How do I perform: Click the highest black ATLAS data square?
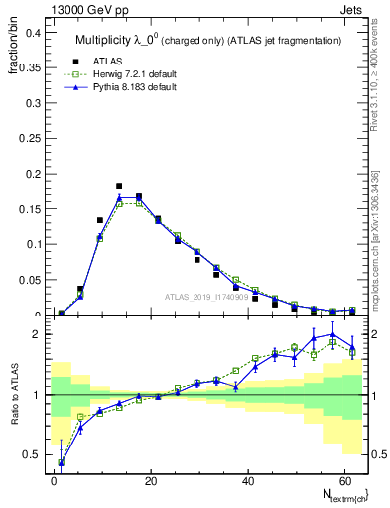[119, 186]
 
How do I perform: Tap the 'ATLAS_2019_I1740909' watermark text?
[205, 296]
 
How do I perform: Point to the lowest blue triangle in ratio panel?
[62, 462]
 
